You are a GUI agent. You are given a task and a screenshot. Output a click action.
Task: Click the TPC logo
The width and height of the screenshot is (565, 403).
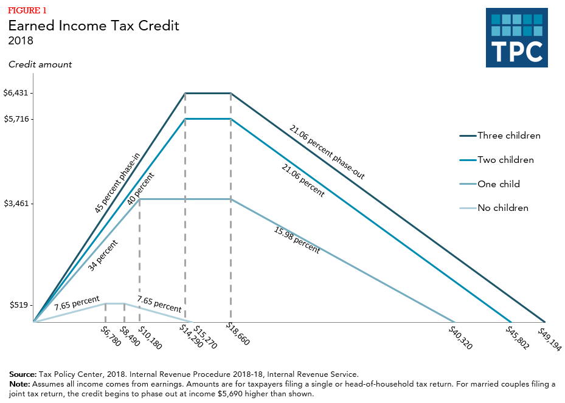(516, 38)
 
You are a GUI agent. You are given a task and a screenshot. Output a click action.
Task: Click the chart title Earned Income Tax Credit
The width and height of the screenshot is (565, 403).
(93, 26)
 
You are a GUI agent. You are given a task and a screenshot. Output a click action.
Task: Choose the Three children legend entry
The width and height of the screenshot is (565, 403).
(508, 136)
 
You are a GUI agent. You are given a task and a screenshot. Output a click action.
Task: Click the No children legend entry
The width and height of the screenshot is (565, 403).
(502, 208)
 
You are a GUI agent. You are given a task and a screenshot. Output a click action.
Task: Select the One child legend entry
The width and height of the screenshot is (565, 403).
(499, 184)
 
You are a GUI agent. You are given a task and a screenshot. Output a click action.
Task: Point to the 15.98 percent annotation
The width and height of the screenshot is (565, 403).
(297, 239)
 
